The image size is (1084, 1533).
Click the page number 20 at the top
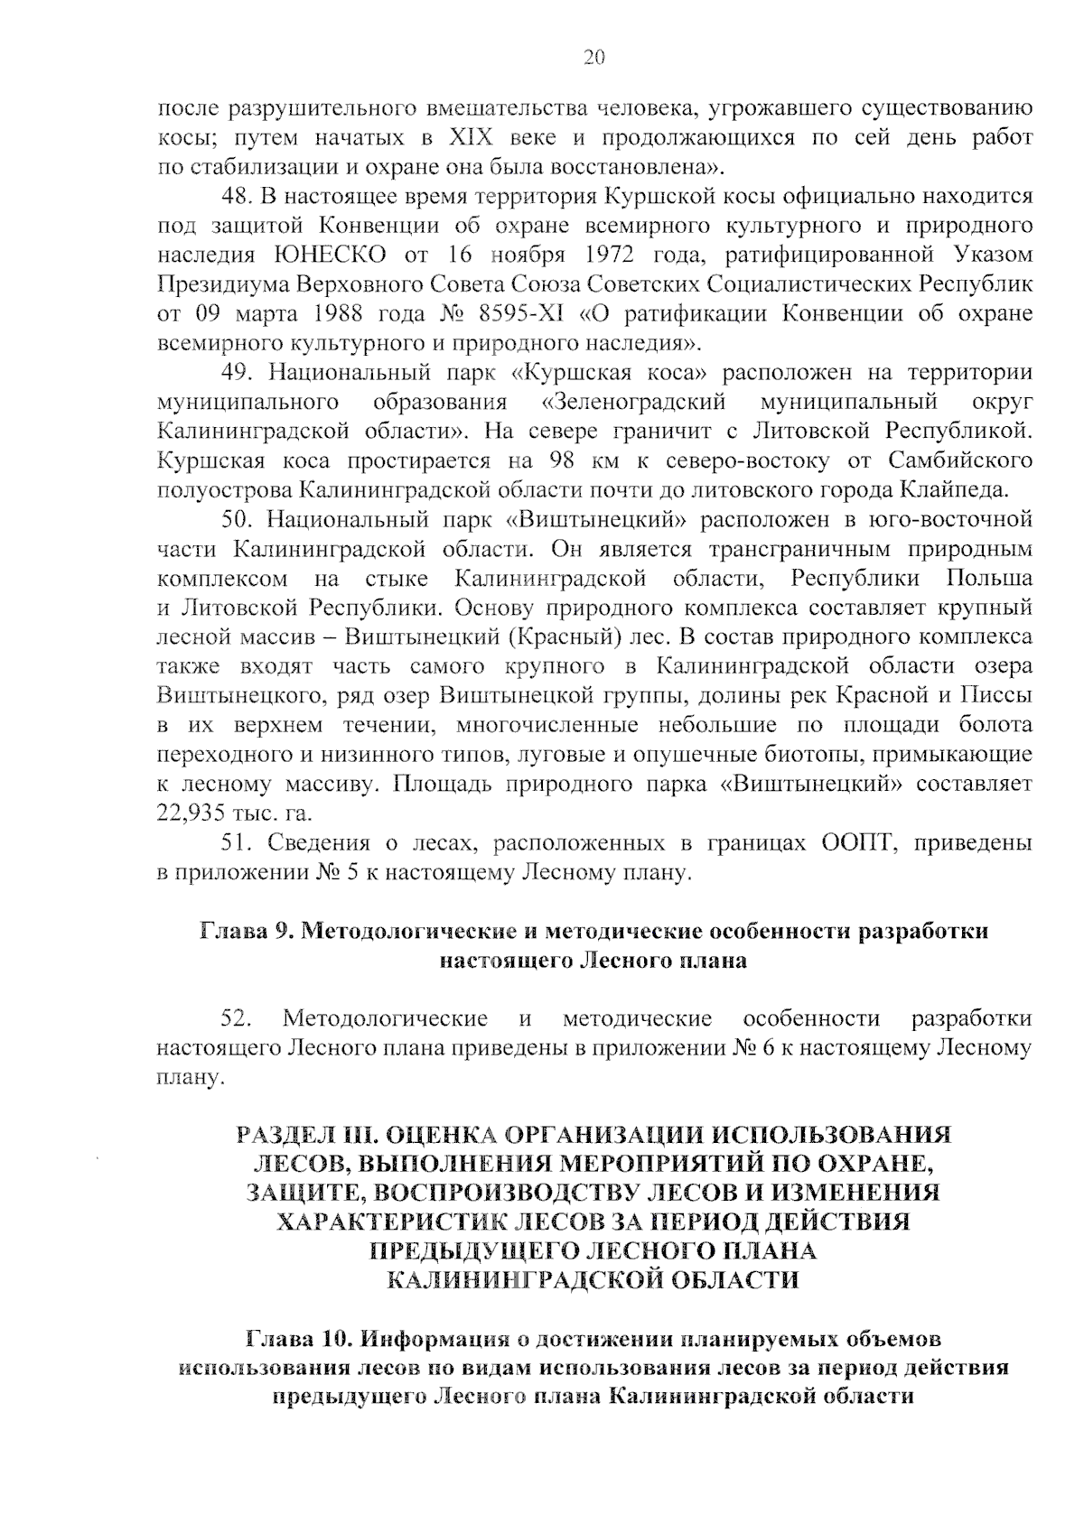[593, 58]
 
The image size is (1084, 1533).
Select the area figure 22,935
[195, 813]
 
